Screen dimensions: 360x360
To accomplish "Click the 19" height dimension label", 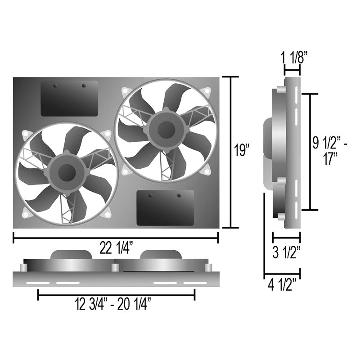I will (x=242, y=150).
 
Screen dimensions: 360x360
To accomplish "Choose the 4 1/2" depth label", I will (x=282, y=284).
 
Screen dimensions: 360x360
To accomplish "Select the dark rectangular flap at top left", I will (x=69, y=98).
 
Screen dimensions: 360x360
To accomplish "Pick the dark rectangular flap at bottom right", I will (x=165, y=208).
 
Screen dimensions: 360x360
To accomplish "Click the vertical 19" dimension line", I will (x=231, y=152).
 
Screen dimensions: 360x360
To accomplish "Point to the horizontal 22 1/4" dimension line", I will (x=116, y=238).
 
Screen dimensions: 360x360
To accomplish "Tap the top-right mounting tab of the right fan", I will (x=207, y=91).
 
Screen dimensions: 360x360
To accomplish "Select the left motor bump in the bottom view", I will (x=72, y=255).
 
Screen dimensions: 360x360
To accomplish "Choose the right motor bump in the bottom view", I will (x=161, y=255).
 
